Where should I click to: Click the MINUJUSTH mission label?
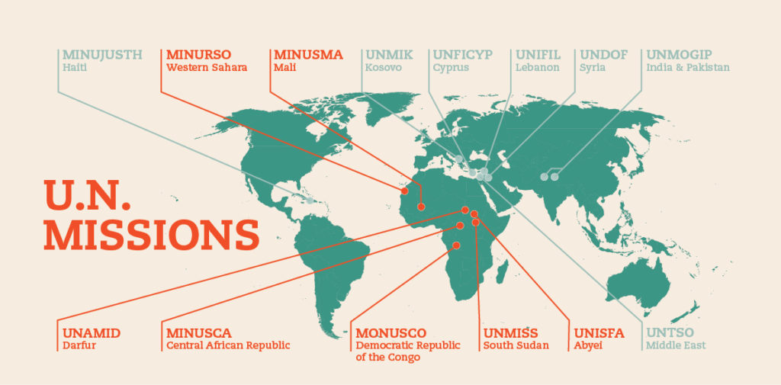coord(102,55)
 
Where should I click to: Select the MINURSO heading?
coord(198,55)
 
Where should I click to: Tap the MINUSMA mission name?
coord(307,55)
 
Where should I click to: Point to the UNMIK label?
coord(389,55)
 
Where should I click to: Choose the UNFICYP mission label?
coord(463,55)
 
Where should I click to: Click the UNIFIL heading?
coord(538,55)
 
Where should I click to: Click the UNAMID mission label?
coord(91,333)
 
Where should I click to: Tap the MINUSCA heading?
coord(198,333)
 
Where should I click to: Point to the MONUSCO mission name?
coord(391,333)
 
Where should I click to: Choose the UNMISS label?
coord(511,333)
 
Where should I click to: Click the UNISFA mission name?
coord(599,333)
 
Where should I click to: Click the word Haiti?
coord(74,68)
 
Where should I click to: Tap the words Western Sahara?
coord(206,68)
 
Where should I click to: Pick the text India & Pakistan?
coord(688,68)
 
